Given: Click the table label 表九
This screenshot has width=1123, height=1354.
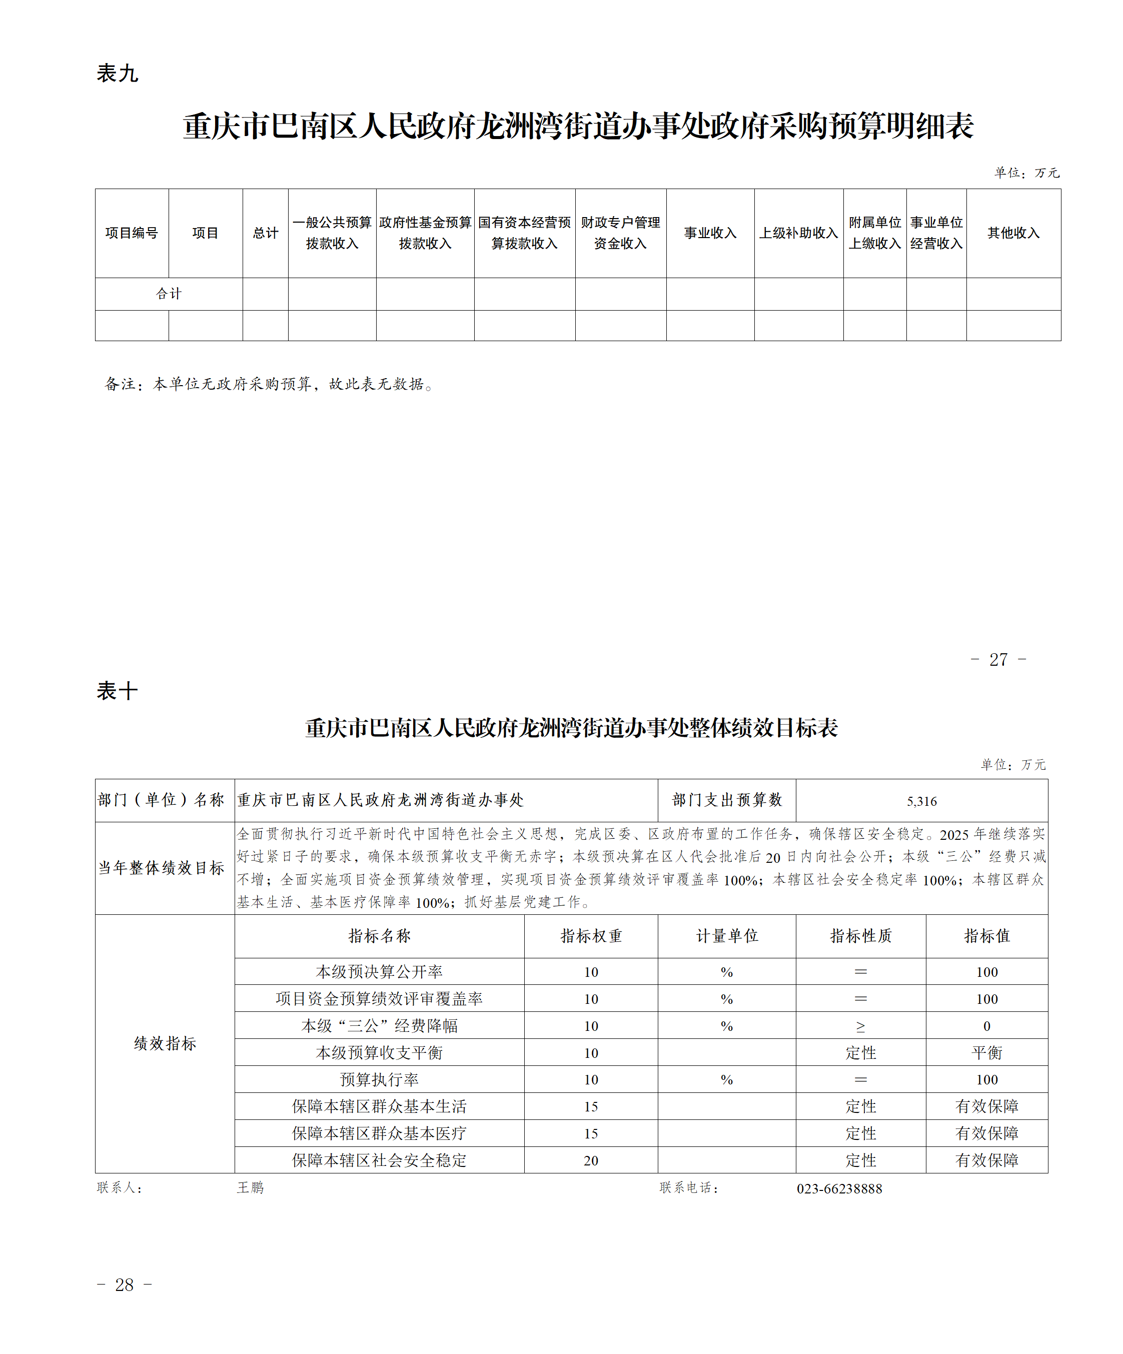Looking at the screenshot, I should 118,73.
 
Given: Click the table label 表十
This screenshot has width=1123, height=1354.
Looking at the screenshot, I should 118,691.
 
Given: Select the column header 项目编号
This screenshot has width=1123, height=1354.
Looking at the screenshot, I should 132,233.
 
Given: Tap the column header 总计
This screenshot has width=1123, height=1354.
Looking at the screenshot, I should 265,233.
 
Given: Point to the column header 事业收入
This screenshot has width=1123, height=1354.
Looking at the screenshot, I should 710,233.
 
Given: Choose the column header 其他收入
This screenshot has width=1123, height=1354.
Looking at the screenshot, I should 1013,233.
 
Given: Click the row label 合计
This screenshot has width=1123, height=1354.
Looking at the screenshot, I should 169,294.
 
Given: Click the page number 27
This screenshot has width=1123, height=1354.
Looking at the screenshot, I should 998,660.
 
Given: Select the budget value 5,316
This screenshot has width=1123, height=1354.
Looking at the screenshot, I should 922,801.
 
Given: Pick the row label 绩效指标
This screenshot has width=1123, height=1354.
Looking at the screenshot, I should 165,1043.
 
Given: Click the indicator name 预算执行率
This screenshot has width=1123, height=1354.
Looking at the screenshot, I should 379,1079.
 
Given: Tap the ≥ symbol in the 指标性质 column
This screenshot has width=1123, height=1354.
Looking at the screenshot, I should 860,1026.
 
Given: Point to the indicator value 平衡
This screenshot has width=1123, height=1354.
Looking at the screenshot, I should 987,1053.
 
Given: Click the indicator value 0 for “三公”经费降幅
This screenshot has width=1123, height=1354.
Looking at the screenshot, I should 987,1026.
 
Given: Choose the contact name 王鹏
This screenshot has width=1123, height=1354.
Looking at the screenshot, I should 250,1187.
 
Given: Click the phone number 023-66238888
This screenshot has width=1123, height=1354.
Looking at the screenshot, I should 839,1188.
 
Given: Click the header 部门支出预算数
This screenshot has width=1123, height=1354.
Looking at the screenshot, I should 726,800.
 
